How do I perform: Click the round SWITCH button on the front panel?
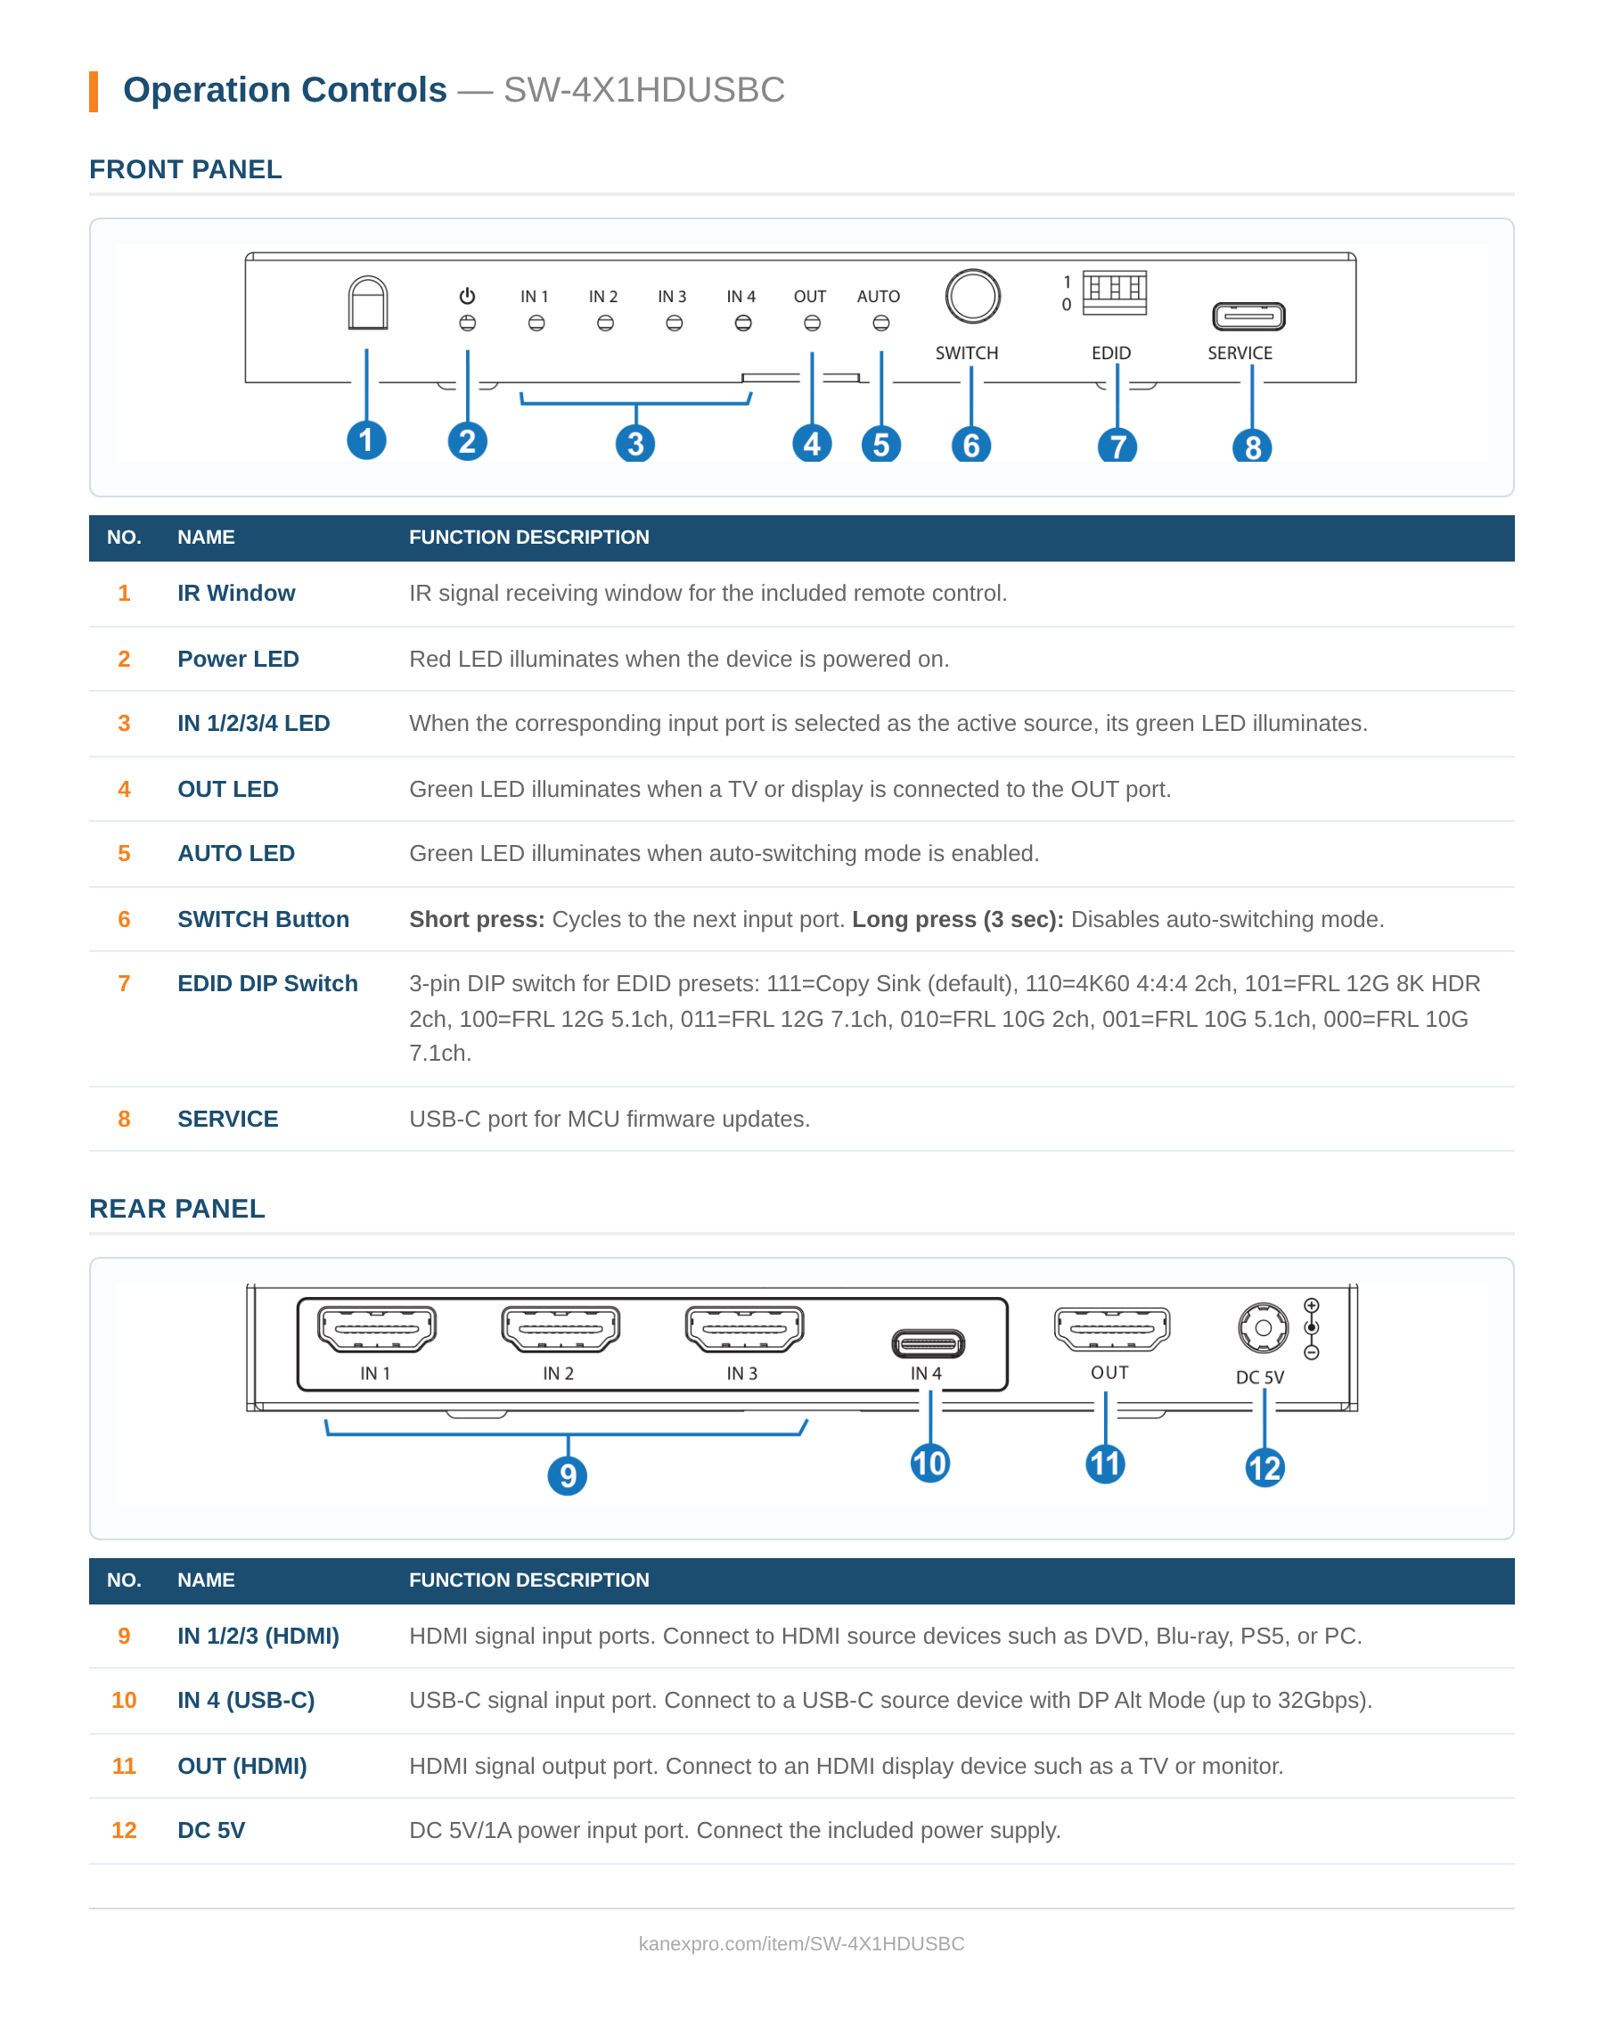click(972, 297)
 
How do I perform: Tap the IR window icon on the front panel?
click(367, 302)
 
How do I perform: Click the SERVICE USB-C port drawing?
click(1248, 316)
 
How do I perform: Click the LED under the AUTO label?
click(881, 323)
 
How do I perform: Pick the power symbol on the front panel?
click(467, 296)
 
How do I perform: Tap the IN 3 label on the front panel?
click(672, 297)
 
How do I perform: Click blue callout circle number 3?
click(635, 443)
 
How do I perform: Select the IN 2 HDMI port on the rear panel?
click(560, 1328)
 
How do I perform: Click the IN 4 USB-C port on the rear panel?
click(928, 1343)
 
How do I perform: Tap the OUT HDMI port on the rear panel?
click(1112, 1328)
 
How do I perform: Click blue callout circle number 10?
click(929, 1464)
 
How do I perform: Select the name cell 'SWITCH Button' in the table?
click(263, 919)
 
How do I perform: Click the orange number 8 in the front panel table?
click(124, 1119)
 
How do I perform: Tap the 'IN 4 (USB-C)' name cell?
click(246, 1700)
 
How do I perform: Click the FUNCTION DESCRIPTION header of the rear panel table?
click(528, 1580)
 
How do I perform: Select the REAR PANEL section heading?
click(177, 1209)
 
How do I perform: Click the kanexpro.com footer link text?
click(801, 1943)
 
